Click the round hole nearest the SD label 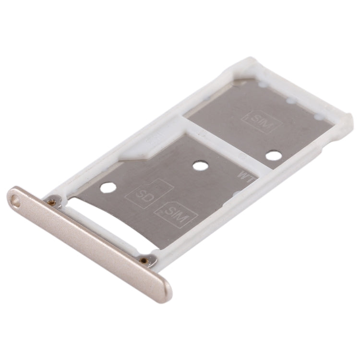coord(108,187)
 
